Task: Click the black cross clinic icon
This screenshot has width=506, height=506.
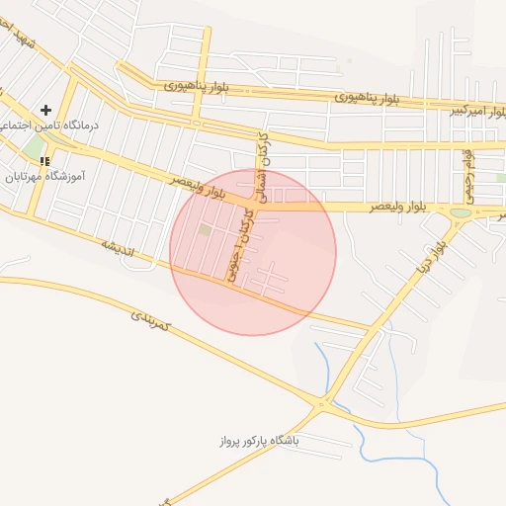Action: [45, 110]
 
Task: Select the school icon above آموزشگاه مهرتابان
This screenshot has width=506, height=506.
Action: [45, 160]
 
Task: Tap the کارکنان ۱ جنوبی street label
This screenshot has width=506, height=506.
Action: [240, 243]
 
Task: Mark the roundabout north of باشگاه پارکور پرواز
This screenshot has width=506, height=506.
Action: [321, 402]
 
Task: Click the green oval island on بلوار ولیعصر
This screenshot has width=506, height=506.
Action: [461, 212]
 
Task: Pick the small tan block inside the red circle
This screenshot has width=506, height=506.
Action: [205, 230]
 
